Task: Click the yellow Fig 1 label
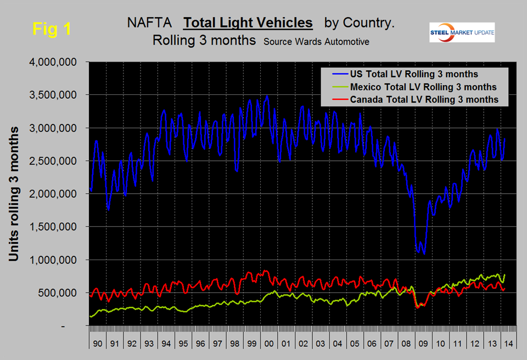(52, 29)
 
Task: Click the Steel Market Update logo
(462, 32)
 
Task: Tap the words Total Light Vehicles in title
(248, 23)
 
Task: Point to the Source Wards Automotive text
(316, 42)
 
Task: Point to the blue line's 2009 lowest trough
(424, 253)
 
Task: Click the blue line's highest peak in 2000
(267, 96)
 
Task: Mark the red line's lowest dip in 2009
(418, 307)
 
